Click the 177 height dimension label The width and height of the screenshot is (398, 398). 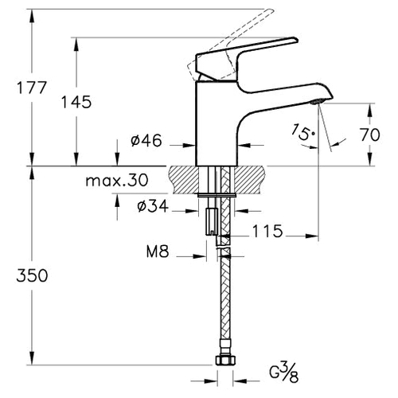point(32,88)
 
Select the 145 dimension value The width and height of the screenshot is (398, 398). point(76,102)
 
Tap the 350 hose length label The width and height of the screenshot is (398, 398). point(32,275)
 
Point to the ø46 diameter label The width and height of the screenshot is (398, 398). point(146,140)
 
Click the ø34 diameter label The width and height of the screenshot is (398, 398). point(153,206)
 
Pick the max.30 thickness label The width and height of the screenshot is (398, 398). point(117,181)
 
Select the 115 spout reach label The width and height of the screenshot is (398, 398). point(267,231)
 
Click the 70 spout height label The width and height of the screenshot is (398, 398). point(370,135)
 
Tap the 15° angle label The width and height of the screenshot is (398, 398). point(303,132)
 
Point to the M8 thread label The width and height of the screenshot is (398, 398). point(158,252)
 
